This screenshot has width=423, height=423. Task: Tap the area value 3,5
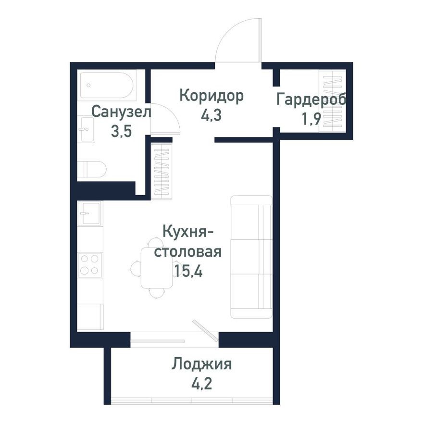tap(121, 131)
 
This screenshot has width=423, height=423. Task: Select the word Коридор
tap(211, 96)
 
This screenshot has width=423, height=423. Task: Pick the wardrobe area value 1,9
tap(311, 119)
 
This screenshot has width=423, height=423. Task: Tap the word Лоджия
tap(202, 364)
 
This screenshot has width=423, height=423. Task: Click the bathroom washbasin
tap(87, 129)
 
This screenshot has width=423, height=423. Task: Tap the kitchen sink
tap(90, 212)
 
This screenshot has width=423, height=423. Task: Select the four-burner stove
tap(90, 264)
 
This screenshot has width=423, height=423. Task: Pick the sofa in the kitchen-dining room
tap(251, 257)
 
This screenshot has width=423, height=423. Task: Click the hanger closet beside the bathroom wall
tap(162, 171)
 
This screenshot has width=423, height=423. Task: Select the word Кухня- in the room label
tap(188, 232)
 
